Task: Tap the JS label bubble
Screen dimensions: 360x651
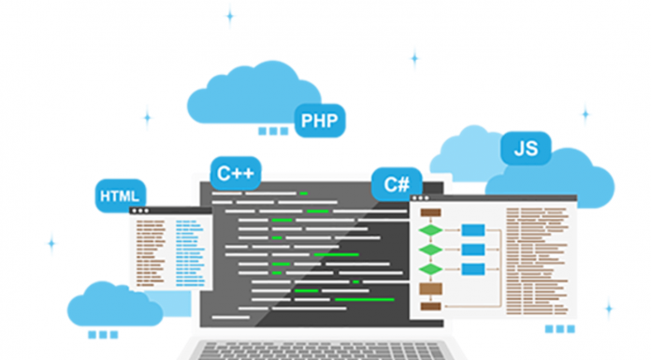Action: [x=525, y=147]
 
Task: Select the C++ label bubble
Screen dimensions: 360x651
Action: [x=235, y=173]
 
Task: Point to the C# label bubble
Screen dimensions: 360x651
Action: [x=396, y=183]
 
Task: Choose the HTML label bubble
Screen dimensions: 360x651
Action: [x=120, y=196]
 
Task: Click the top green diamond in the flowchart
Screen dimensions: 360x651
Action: [x=431, y=230]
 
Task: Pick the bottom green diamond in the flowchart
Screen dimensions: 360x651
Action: [x=431, y=269]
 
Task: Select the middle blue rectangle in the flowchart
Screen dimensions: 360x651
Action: [x=473, y=250]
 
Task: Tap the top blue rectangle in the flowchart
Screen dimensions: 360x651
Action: [x=473, y=230]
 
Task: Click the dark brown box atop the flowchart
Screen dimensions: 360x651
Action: [x=431, y=211]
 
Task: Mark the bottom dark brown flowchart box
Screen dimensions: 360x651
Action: [x=431, y=306]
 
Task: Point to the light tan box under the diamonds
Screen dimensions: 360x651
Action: [x=431, y=288]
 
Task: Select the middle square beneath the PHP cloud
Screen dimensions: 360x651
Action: [x=273, y=131]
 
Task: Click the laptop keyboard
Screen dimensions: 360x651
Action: [x=327, y=349]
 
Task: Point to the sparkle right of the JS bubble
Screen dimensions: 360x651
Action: [x=586, y=114]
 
